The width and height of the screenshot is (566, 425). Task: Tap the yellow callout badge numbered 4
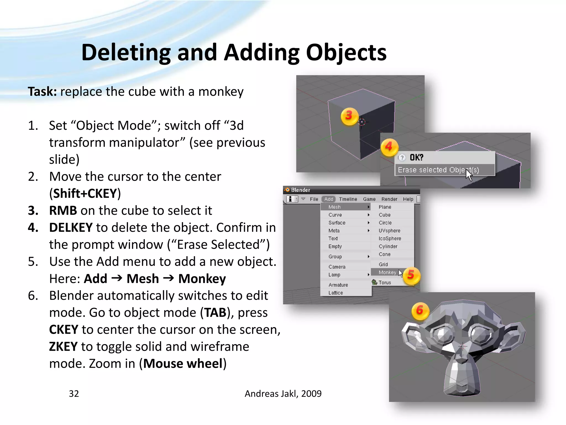point(389,147)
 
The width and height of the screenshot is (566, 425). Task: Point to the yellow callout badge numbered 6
point(420,311)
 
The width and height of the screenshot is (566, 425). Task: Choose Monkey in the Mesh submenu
point(387,272)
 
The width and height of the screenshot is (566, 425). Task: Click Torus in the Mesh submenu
point(385,283)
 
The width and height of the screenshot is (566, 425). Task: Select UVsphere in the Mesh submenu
point(389,230)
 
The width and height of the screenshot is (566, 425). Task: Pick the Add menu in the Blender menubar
point(329,199)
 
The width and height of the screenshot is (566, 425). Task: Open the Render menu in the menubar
point(389,199)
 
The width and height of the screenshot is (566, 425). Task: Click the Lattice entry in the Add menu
point(336,293)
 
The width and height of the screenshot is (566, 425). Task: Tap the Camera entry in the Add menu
point(337,267)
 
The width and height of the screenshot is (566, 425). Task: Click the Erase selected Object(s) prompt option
point(438,170)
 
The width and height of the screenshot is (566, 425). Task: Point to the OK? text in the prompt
point(416,157)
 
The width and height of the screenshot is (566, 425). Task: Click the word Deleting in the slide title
point(126,53)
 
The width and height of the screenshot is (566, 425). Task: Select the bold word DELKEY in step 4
point(71,227)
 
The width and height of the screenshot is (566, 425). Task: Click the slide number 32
point(74,393)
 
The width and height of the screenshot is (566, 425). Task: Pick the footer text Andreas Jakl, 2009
point(283,393)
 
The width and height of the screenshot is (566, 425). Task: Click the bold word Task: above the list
point(42,92)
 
